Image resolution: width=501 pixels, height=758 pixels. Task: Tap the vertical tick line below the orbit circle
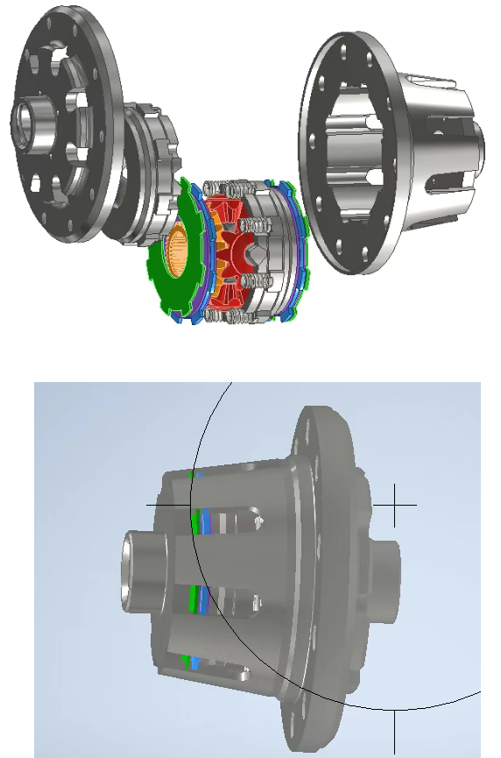point(395,732)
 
